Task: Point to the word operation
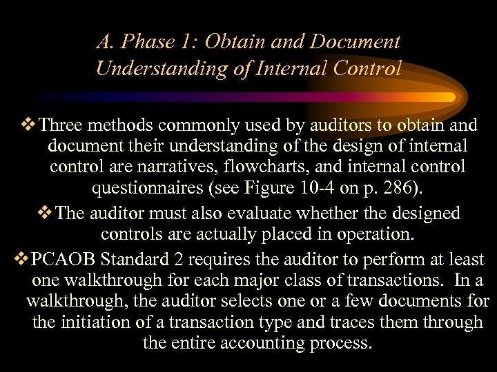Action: tap(371, 234)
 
